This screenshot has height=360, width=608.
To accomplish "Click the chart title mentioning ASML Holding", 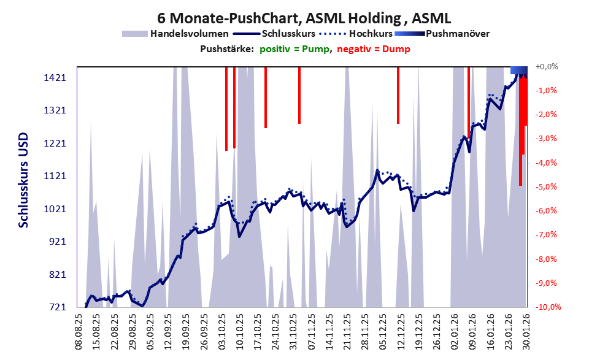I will coord(304,17).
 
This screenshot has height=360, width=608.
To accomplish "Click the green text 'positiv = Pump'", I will coord(294,49).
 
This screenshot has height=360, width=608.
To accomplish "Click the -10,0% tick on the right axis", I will coord(548,307).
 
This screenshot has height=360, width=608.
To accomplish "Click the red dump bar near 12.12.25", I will coord(398,95).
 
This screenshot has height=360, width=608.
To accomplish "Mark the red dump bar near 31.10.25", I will coord(299,95).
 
